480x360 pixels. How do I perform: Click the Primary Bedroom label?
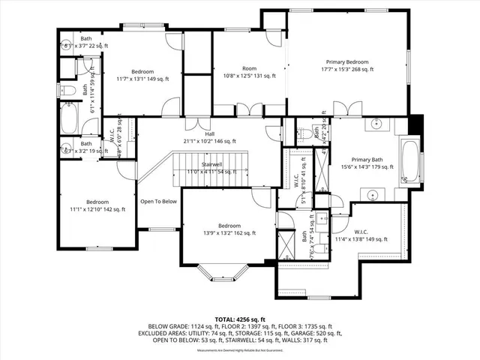[347, 61]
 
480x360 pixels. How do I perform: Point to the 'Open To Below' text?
[158, 201]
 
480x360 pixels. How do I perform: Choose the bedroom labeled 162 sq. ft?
[229, 226]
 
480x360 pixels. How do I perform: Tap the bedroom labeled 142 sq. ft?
[97, 202]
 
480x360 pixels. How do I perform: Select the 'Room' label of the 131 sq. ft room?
[249, 68]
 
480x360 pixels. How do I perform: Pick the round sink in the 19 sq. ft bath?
[65, 148]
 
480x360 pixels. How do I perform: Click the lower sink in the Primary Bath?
[372, 195]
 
